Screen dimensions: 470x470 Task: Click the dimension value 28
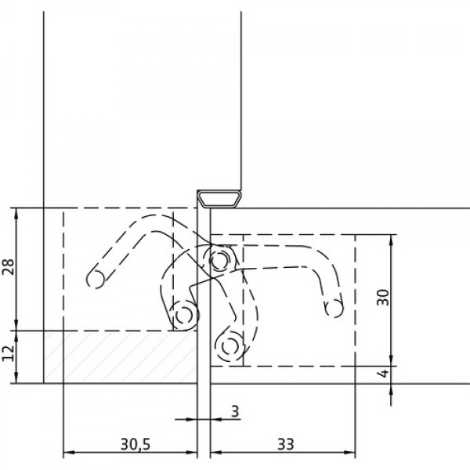[x=9, y=266]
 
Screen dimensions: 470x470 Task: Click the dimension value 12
[x=8, y=353]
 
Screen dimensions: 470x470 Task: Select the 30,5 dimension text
[x=136, y=444]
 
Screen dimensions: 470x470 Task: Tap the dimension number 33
[x=286, y=444]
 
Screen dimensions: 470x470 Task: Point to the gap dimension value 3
[x=236, y=411]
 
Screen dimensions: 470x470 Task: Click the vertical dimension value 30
[x=383, y=298]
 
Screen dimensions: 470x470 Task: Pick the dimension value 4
[x=383, y=374]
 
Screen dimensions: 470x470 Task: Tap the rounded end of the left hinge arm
[x=96, y=279]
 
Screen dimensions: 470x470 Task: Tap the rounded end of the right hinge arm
[x=334, y=308]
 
